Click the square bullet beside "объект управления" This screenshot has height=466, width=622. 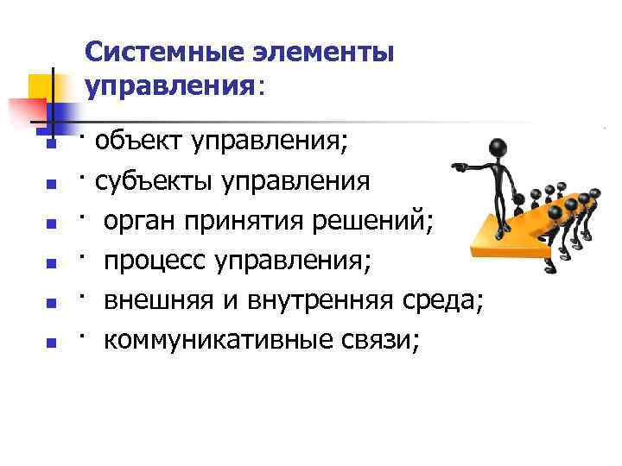click(51, 145)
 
